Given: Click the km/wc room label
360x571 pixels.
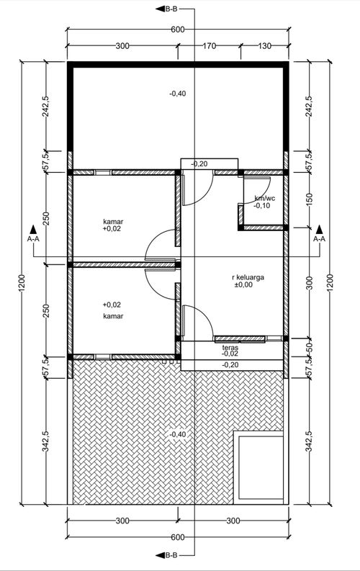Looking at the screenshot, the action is tap(265, 199).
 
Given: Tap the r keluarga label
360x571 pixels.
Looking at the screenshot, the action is tap(248, 277).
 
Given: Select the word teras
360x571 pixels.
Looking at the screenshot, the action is tap(230, 348).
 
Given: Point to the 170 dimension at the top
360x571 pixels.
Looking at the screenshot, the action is tap(210, 46).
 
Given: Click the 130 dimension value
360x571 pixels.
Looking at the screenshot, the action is tap(265, 46).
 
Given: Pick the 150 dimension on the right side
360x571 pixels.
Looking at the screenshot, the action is tap(310, 199).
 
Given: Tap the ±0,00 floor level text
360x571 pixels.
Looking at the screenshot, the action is tap(243, 284).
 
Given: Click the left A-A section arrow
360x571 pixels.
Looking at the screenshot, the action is tap(33, 229).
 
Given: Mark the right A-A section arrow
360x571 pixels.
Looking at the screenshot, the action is tap(319, 229).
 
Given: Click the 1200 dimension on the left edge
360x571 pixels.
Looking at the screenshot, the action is tap(22, 283).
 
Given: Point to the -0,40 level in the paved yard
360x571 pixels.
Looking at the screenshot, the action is tap(178, 434).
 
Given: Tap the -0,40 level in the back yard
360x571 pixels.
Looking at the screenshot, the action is tap(178, 94).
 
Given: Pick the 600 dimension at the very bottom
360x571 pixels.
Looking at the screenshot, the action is tap(177, 537).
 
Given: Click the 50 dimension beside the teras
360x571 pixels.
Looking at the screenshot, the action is tap(310, 347).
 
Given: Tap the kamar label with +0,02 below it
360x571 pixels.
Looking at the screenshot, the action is tap(113, 221).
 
